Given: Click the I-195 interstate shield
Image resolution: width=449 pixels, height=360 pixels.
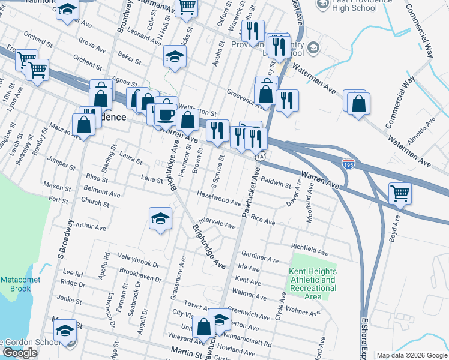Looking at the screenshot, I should [x=348, y=163].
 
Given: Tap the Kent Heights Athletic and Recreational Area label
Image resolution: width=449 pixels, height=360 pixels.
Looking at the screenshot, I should [x=312, y=284].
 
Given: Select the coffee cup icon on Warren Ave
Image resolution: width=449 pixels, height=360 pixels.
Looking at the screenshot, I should [x=166, y=113].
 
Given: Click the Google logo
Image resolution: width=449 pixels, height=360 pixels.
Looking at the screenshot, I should [x=20, y=353].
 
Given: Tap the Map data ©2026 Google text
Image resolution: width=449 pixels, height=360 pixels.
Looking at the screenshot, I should [x=412, y=355].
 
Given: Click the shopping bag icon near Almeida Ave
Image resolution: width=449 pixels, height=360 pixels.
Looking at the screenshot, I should [x=358, y=103].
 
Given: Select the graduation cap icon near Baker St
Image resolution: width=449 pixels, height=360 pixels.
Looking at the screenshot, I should [x=175, y=56].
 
